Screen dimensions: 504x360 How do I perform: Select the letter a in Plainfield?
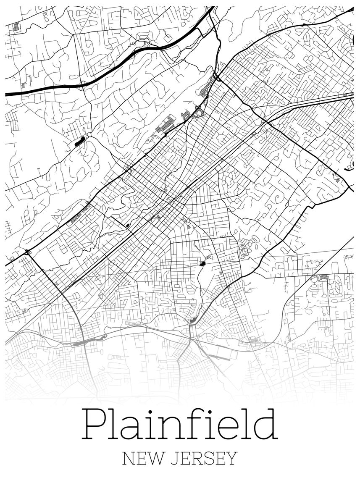pyautogui.click(x=135, y=428)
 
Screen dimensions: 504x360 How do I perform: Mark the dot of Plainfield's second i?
pyautogui.click(x=210, y=411)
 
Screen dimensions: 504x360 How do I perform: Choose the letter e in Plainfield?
pyautogui.click(x=228, y=428)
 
